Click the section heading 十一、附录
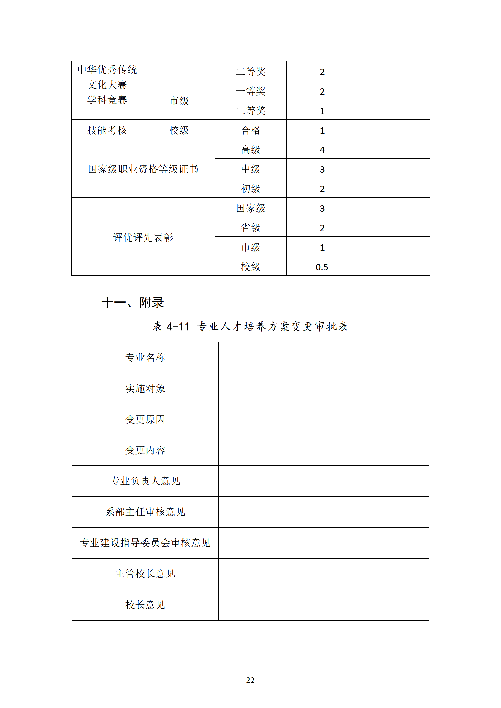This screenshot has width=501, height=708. tap(133, 302)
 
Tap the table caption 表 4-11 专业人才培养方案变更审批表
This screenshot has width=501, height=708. tap(250, 326)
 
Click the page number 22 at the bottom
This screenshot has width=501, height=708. tap(250, 680)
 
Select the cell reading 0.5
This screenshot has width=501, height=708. tap(322, 267)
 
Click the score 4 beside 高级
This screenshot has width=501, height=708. tap(322, 150)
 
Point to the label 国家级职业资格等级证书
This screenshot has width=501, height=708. tap(143, 169)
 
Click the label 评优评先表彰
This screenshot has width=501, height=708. tap(143, 237)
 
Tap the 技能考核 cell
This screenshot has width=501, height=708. tap(107, 130)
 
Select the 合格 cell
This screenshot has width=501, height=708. tap(250, 130)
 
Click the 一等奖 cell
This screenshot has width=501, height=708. tap(250, 91)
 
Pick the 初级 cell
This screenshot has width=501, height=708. tap(250, 189)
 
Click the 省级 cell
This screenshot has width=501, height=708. tap(250, 227)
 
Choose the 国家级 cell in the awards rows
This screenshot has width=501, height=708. tap(250, 208)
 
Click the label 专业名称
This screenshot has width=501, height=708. tap(145, 357)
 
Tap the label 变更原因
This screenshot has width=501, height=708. tap(145, 419)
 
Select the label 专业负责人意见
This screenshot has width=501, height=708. tap(145, 481)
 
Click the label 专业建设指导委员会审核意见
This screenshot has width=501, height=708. tap(145, 542)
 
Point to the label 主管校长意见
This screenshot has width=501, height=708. tap(145, 573)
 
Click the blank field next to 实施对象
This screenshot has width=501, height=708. tap(324, 388)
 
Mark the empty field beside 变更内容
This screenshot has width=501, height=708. tap(324, 450)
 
